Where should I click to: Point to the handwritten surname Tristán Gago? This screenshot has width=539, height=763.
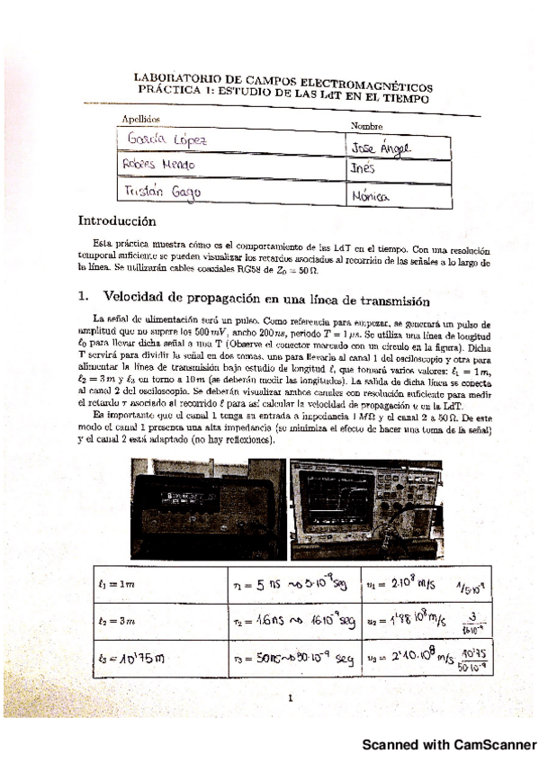tap(162, 192)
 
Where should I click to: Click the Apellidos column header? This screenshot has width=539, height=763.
tap(141, 119)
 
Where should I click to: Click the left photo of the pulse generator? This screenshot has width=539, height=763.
tap(206, 508)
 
